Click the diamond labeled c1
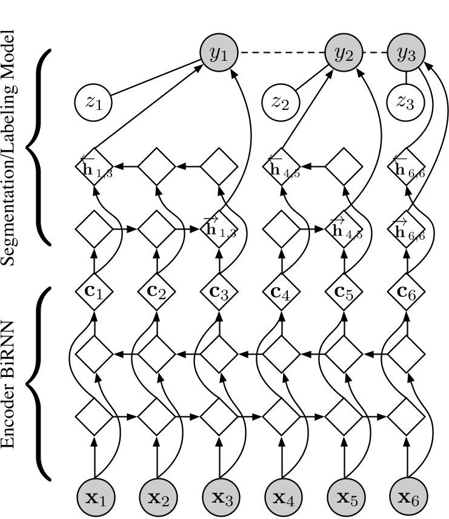coord(95,294)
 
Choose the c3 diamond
coord(219,294)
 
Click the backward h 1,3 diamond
coord(95,165)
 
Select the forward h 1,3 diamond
coord(219,229)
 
